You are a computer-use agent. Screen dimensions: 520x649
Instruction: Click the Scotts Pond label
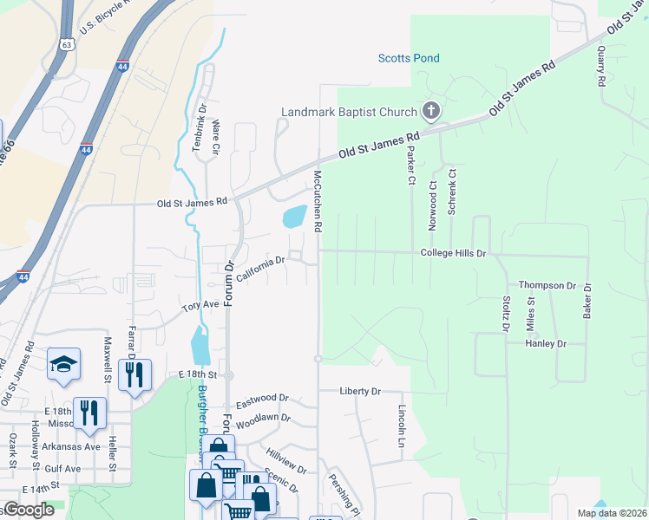click(x=409, y=58)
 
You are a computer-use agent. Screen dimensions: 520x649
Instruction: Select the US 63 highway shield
click(x=67, y=43)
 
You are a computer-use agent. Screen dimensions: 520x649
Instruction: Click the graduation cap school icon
click(x=63, y=363)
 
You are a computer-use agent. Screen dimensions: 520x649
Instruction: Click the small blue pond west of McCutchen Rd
click(x=294, y=217)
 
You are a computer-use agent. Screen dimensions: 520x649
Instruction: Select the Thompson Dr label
click(x=547, y=284)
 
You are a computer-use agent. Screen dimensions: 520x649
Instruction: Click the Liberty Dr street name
click(x=361, y=391)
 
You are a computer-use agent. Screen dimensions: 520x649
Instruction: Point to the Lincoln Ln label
click(x=402, y=425)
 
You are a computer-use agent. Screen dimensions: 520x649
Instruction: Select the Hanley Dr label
click(x=546, y=343)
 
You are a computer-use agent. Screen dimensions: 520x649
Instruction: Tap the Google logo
click(x=28, y=510)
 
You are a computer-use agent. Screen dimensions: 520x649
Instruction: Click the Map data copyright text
click(x=612, y=513)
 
